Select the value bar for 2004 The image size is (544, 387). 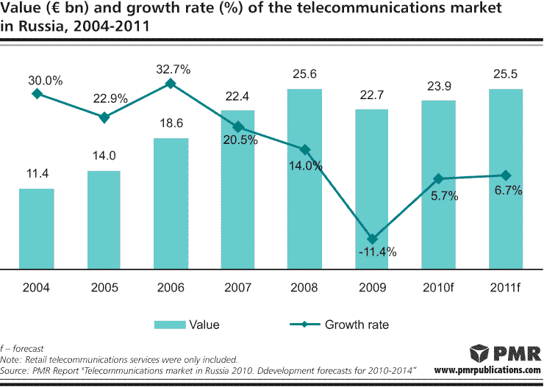37,228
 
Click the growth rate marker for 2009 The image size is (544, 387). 372,239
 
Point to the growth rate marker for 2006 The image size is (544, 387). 171,84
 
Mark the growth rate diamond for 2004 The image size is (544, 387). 37,93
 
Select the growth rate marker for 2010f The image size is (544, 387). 439,178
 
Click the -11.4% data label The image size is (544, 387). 378,253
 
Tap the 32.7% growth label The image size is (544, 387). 173,70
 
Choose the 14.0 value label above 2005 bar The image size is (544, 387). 104,156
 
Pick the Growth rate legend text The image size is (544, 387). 357,325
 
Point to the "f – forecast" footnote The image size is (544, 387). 23,349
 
